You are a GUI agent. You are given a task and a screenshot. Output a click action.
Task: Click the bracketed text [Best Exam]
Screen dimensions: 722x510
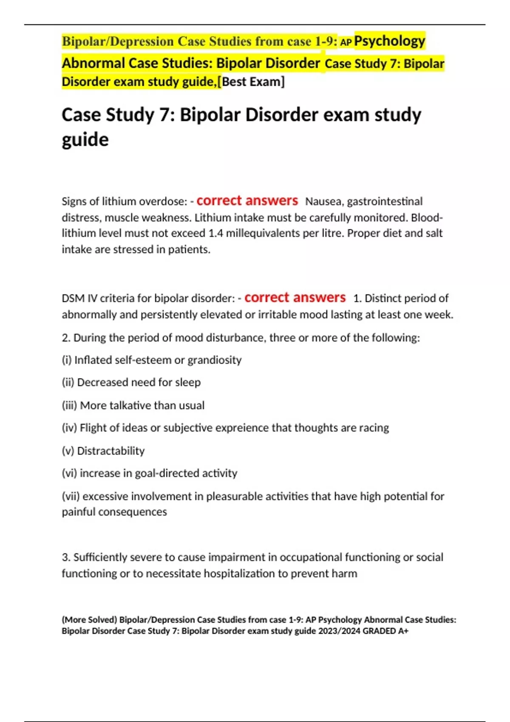(x=253, y=82)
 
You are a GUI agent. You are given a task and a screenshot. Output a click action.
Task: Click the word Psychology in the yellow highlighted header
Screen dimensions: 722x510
(x=390, y=41)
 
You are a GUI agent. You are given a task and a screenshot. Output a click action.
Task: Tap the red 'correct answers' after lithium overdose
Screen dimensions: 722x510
(x=247, y=200)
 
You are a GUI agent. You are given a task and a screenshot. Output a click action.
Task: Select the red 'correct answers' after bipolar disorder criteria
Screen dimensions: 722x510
(x=295, y=297)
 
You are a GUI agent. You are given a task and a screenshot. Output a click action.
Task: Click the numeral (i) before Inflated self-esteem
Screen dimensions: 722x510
(x=66, y=360)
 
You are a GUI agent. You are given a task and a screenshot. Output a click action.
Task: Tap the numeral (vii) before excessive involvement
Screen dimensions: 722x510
(x=71, y=496)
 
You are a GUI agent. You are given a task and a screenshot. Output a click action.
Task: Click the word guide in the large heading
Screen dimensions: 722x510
(x=85, y=140)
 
